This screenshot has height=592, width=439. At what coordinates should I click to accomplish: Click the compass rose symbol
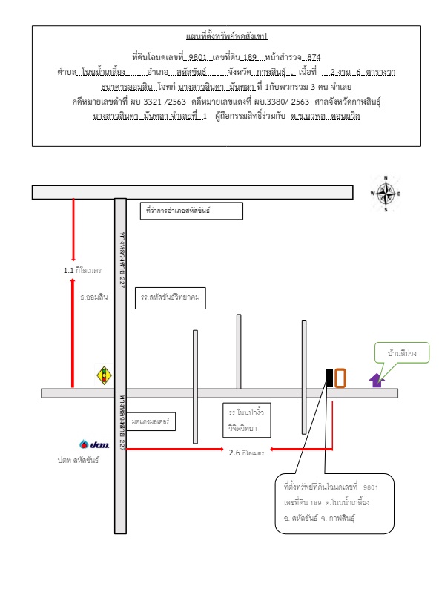tap(386, 194)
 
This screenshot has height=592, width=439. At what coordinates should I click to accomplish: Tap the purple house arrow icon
tap(377, 380)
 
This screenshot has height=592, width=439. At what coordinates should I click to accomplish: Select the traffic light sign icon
tap(104, 375)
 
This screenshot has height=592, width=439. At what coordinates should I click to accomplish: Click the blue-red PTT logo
tap(94, 444)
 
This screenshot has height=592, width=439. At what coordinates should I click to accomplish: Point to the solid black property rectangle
tap(329, 378)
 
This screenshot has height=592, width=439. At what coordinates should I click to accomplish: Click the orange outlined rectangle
tap(340, 378)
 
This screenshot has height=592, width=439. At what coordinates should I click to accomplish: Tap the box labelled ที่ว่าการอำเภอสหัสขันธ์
tap(191, 211)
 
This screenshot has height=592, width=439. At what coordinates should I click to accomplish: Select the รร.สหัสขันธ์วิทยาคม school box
tap(171, 298)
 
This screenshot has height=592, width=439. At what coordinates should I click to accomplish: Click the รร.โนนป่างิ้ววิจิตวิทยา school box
tap(246, 420)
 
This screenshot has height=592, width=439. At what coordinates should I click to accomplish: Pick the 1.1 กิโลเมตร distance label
tap(82, 270)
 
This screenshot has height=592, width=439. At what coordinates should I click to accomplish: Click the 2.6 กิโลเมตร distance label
tap(246, 453)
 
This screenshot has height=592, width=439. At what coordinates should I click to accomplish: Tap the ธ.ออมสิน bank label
tap(93, 297)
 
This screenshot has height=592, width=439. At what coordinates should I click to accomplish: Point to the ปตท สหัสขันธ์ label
tap(78, 460)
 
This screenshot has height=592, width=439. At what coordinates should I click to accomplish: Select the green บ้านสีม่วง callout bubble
tap(402, 352)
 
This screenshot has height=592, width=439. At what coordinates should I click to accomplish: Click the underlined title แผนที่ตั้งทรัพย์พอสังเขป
tap(226, 36)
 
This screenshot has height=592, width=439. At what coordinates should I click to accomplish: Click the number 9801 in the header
tap(198, 57)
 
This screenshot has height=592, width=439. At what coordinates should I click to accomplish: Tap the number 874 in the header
tap(314, 57)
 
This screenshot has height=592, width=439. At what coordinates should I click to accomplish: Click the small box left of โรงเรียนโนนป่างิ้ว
tap(151, 421)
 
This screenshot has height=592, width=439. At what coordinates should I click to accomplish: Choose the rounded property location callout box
tap(334, 503)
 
